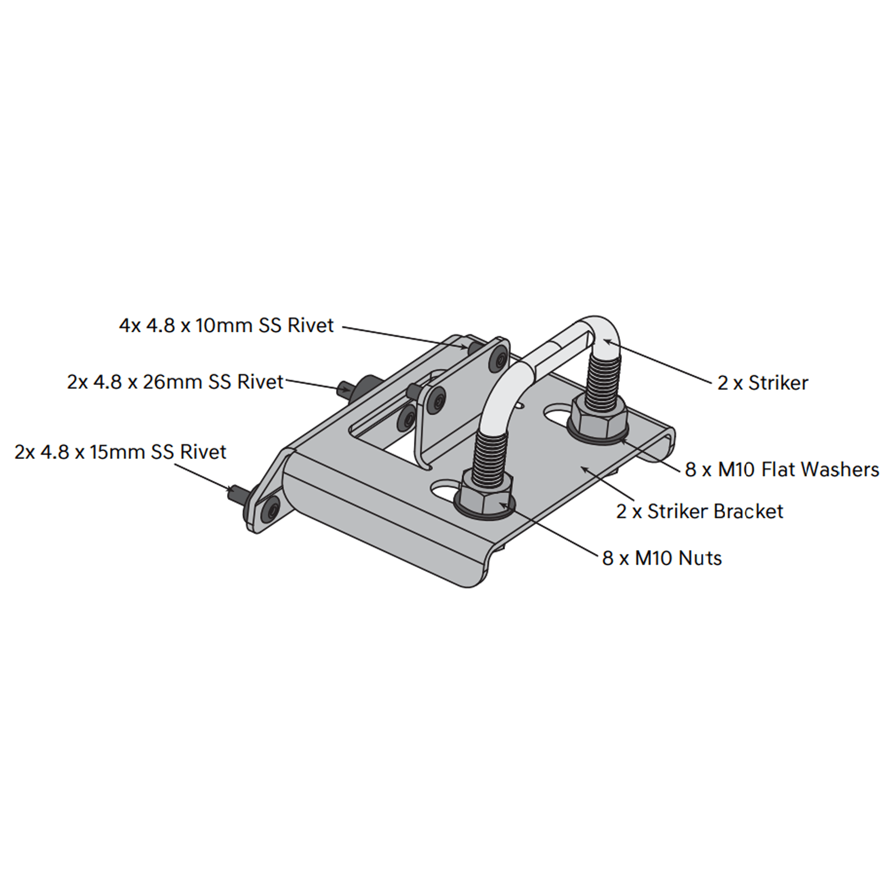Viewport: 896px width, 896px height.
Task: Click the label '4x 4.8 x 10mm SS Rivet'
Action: [x=226, y=325]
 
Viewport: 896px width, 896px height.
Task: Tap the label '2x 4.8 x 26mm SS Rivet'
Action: [x=175, y=382]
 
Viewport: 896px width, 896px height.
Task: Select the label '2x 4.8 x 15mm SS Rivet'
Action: [x=120, y=452]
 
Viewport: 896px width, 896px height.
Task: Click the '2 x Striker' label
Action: [x=763, y=383]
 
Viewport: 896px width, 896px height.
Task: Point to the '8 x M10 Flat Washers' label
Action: [x=782, y=469]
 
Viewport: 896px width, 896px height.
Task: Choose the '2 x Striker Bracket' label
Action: [x=700, y=511]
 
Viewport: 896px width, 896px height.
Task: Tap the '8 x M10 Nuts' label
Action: [x=662, y=558]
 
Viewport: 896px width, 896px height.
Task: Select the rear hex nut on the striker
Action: [x=599, y=417]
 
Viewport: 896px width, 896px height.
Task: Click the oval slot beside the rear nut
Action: [x=559, y=415]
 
